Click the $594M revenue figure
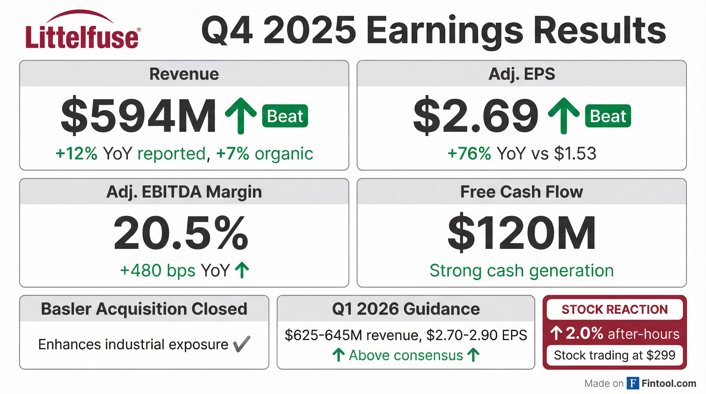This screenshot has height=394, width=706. click(139, 116)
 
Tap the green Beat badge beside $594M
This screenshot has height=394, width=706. click(285, 116)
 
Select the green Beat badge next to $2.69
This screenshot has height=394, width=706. click(608, 116)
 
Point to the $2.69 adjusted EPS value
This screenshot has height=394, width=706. click(476, 116)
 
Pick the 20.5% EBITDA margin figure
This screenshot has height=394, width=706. click(181, 233)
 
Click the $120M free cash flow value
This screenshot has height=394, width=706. click(521, 233)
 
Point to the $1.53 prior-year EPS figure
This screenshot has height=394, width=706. click(575, 153)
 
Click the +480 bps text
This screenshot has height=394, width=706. click(158, 271)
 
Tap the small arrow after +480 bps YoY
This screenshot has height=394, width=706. click(242, 270)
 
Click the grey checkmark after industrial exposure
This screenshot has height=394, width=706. click(241, 344)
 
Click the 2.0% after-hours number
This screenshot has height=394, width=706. click(584, 334)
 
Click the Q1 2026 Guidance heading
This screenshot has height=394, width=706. click(406, 309)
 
